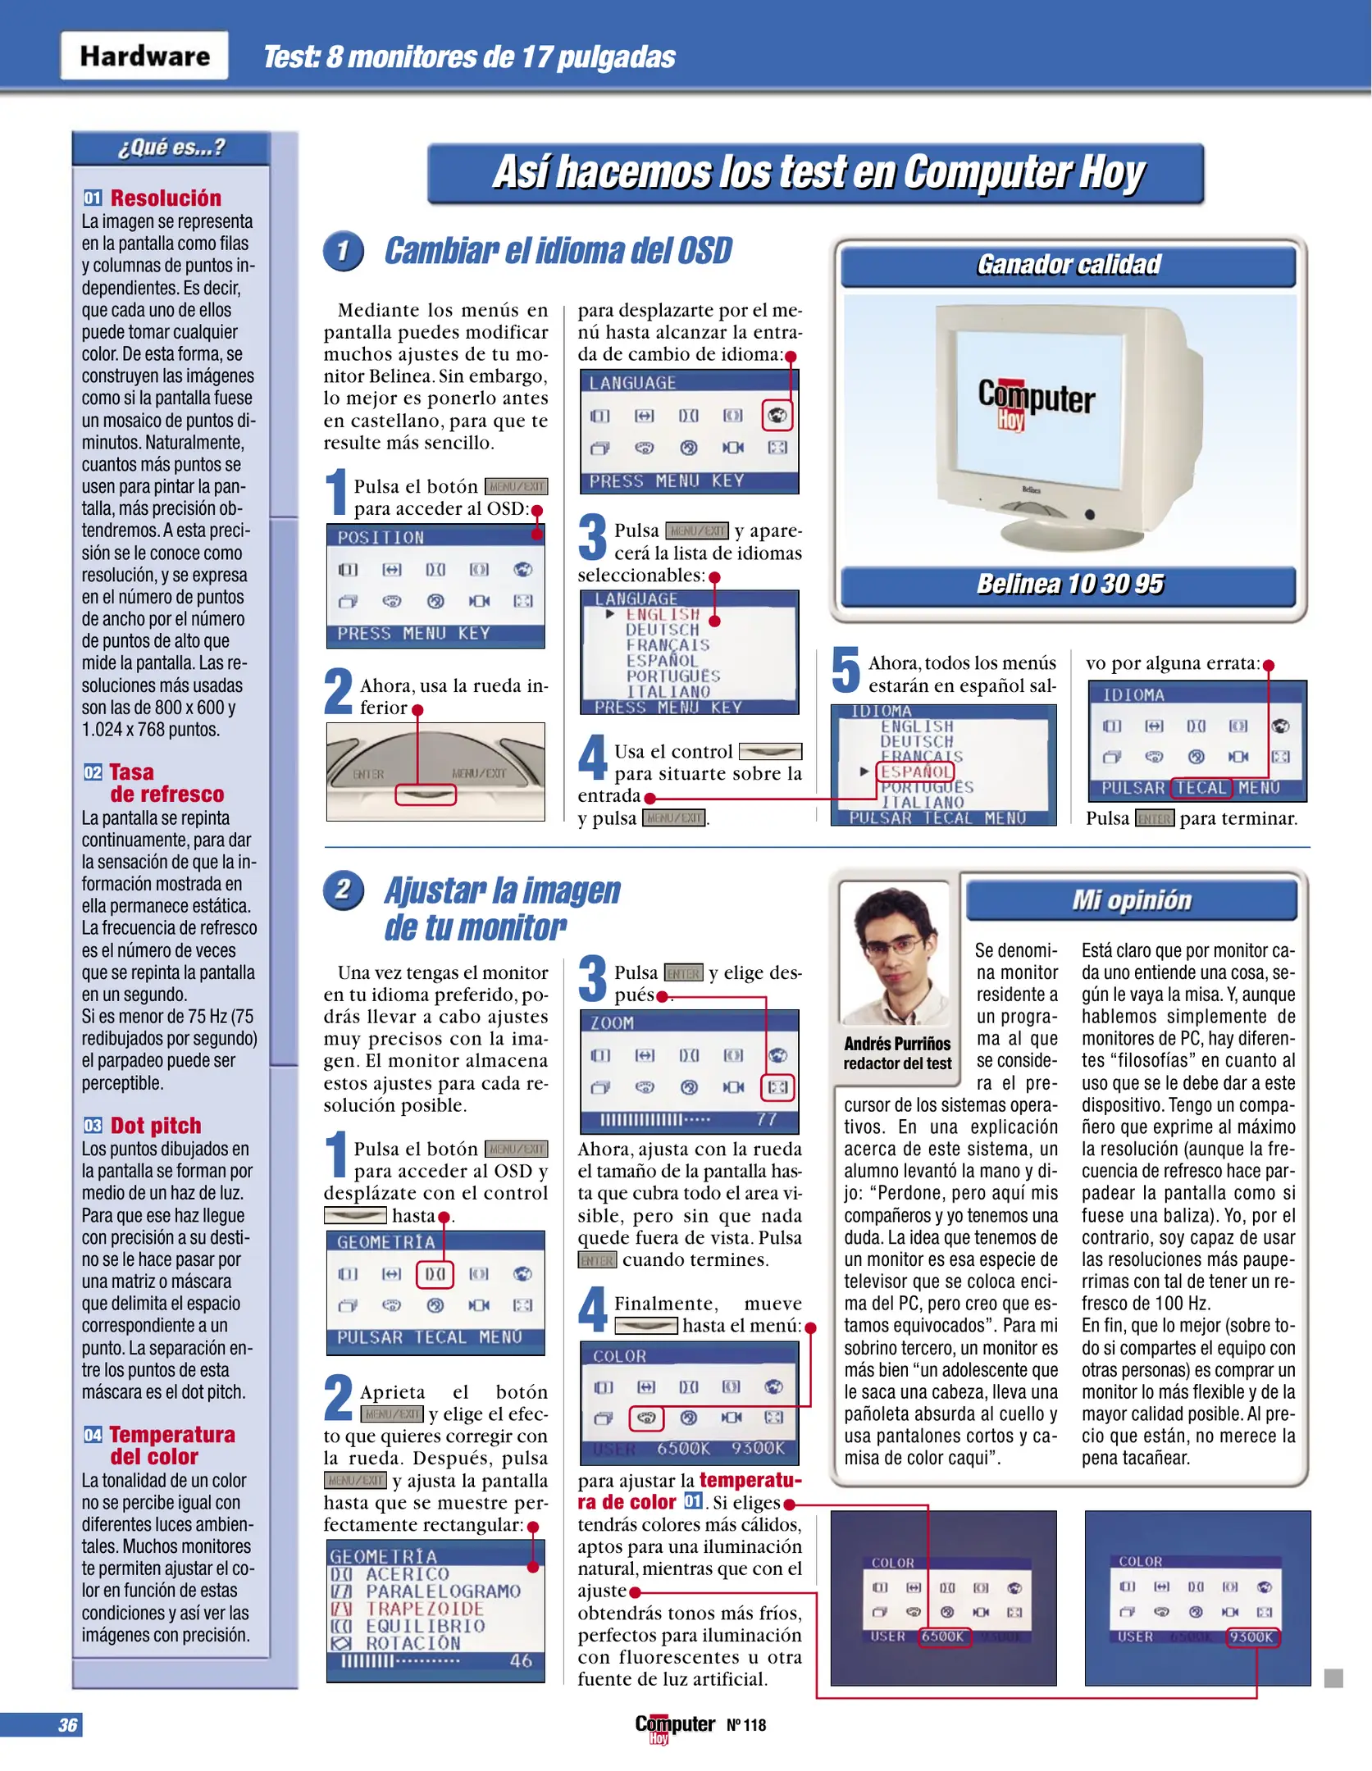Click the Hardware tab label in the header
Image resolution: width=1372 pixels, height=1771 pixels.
(x=144, y=56)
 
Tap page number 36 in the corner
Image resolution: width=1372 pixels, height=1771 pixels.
(x=67, y=1725)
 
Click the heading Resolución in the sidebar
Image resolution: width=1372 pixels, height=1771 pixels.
(x=166, y=198)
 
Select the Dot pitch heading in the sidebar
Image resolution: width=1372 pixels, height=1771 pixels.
(x=156, y=1126)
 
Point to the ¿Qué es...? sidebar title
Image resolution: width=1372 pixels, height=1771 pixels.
(x=171, y=148)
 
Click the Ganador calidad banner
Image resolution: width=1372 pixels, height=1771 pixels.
(x=1069, y=265)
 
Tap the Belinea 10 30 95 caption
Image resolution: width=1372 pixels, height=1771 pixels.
(x=1069, y=584)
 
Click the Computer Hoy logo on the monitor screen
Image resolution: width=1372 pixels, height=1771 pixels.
(x=1035, y=401)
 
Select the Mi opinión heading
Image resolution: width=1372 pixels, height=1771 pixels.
(x=1132, y=900)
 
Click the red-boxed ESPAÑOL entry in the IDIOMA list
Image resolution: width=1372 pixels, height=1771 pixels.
(x=916, y=772)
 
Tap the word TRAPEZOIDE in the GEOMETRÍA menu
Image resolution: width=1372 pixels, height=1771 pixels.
(x=425, y=1609)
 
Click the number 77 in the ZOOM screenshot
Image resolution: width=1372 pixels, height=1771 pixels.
(x=766, y=1120)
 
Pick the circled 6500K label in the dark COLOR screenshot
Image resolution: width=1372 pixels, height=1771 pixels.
(x=943, y=1637)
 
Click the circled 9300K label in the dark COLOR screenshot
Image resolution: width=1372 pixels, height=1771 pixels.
(x=1251, y=1637)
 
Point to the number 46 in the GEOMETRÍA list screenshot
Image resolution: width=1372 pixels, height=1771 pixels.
(x=521, y=1661)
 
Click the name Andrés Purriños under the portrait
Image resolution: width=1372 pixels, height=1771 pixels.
(x=897, y=1044)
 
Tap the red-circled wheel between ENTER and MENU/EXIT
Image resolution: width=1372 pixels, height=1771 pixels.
(x=426, y=794)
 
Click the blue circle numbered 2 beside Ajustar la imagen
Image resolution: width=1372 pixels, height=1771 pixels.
(x=343, y=890)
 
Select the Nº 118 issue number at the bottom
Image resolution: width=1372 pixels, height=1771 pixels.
(x=745, y=1725)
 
